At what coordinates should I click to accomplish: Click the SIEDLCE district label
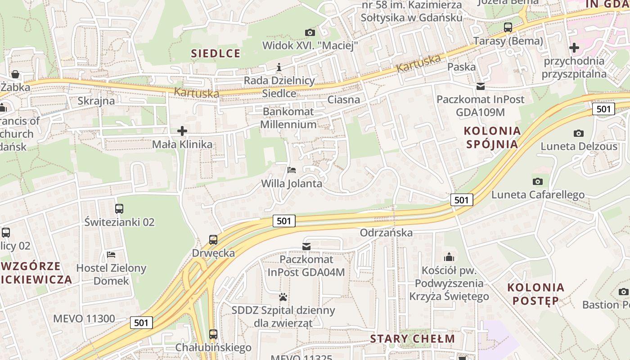[x=216, y=54]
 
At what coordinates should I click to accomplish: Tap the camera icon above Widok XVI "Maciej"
[x=310, y=32]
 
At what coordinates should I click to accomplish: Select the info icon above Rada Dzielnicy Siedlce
[x=279, y=67]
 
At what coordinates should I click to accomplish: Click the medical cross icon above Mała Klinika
[x=182, y=131]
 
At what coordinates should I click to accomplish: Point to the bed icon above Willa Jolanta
[x=292, y=170]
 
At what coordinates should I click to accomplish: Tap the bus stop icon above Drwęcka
[x=213, y=240]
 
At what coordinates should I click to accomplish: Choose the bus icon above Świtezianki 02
[x=119, y=209]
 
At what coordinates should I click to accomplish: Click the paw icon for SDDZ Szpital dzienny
[x=283, y=297]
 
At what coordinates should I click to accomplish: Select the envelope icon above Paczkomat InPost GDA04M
[x=306, y=247]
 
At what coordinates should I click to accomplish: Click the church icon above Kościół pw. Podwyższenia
[x=449, y=257]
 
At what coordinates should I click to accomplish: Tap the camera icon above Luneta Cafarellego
[x=537, y=182]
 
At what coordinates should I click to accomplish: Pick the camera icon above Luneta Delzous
[x=579, y=133]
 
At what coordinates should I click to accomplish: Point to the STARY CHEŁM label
[x=412, y=339]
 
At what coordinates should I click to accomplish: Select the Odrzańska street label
[x=386, y=233]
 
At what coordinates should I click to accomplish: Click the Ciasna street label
[x=344, y=100]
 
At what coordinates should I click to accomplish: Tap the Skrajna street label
[x=96, y=101]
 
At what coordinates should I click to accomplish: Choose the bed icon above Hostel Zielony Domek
[x=111, y=255]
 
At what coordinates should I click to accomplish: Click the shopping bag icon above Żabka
[x=15, y=74]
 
